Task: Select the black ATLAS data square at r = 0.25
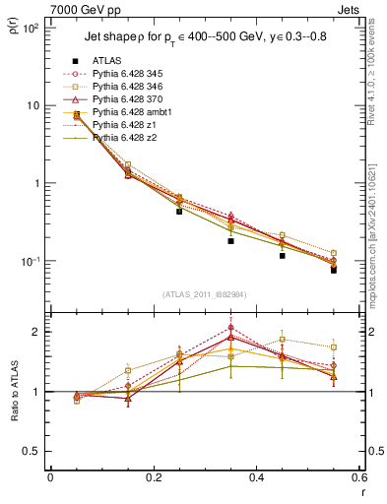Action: (179, 211)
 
